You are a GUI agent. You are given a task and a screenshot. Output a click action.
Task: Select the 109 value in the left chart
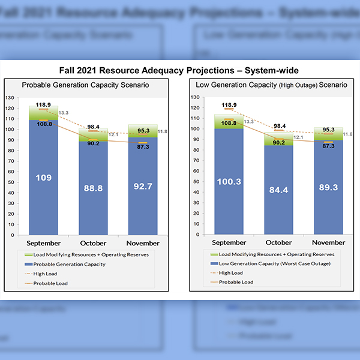click(x=43, y=177)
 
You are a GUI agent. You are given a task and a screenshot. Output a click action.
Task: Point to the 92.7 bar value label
click(x=143, y=187)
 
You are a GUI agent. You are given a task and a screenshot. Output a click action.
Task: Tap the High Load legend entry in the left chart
click(x=46, y=274)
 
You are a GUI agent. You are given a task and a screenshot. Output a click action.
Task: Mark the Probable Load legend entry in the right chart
click(x=236, y=282)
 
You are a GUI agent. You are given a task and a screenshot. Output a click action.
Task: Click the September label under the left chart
click(x=43, y=243)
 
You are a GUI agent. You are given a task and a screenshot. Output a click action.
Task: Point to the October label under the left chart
click(x=93, y=243)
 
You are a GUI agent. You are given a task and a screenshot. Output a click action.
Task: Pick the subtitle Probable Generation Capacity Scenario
click(x=85, y=85)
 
